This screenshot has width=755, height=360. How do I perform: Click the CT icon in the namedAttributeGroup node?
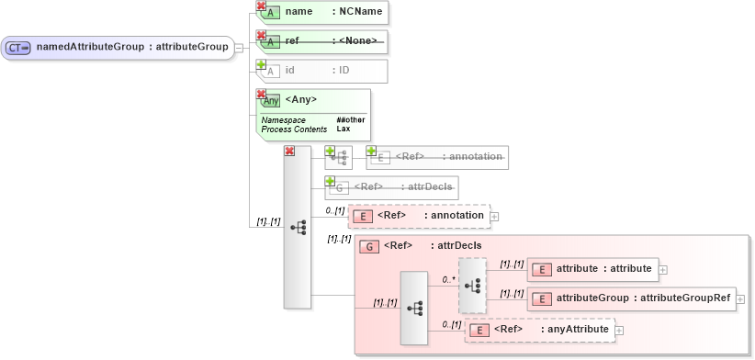pyautogui.click(x=19, y=47)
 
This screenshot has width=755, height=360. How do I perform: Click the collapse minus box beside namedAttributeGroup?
pyautogui.click(x=239, y=47)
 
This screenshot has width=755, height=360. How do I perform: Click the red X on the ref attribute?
pyautogui.click(x=261, y=36)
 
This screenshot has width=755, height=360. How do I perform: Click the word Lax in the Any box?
pyautogui.click(x=343, y=129)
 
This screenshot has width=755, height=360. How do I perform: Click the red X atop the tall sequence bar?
pyautogui.click(x=289, y=151)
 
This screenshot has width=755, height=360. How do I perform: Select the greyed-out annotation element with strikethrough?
pyautogui.click(x=437, y=157)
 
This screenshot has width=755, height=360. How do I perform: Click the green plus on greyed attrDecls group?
pyautogui.click(x=331, y=181)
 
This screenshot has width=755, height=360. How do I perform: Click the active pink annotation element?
pyautogui.click(x=419, y=216)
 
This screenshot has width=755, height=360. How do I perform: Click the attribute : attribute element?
pyautogui.click(x=592, y=269)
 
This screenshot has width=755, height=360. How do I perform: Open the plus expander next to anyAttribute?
pyautogui.click(x=619, y=330)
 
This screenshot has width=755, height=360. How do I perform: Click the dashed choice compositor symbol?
pyautogui.click(x=472, y=285)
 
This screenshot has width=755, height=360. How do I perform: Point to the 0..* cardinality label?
pyautogui.click(x=449, y=279)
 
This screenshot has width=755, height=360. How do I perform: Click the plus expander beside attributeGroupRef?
pyautogui.click(x=740, y=298)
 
